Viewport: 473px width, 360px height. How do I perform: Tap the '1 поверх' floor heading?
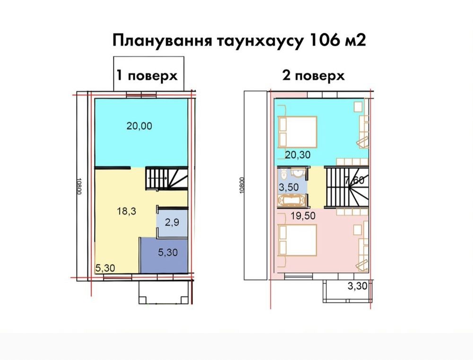[x=147, y=75]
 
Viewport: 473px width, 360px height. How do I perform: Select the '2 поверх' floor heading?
[x=314, y=75]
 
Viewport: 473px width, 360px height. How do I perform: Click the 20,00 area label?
[x=140, y=126]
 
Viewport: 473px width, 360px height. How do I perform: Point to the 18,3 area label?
[x=127, y=211]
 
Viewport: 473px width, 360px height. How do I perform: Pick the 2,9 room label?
[x=172, y=222]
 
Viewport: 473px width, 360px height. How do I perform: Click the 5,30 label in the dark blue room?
[x=168, y=252]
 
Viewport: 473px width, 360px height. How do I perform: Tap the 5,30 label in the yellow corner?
[x=105, y=268]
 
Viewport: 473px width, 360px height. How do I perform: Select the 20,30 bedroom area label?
[x=298, y=155]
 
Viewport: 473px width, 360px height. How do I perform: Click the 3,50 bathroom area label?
[x=289, y=187]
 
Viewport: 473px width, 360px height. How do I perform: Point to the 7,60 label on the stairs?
[x=355, y=180]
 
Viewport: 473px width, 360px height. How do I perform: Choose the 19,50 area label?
[x=303, y=216]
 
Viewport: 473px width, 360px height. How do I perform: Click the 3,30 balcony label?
[x=358, y=285]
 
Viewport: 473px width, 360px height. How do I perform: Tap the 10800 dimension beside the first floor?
[x=79, y=186]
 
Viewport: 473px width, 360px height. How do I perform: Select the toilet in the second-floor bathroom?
[x=283, y=175]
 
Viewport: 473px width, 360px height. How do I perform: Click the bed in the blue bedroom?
[x=298, y=132]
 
